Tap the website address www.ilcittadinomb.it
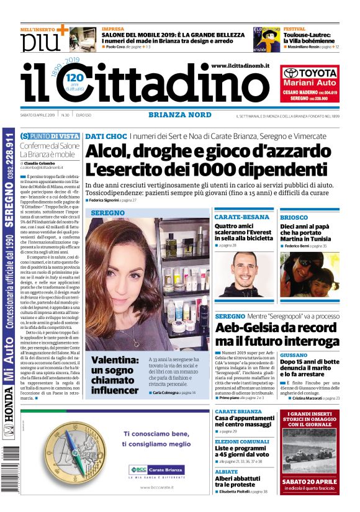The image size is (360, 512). [x=240, y=65]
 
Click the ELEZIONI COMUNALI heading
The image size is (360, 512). [x=242, y=441]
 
